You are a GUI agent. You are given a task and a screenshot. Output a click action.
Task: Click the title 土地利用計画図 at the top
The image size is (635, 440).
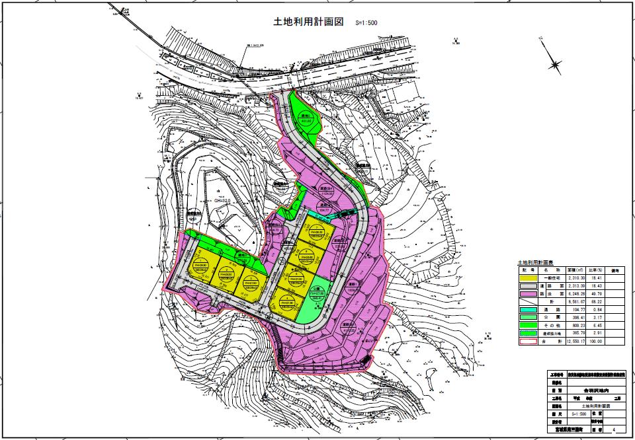point(309,21)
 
